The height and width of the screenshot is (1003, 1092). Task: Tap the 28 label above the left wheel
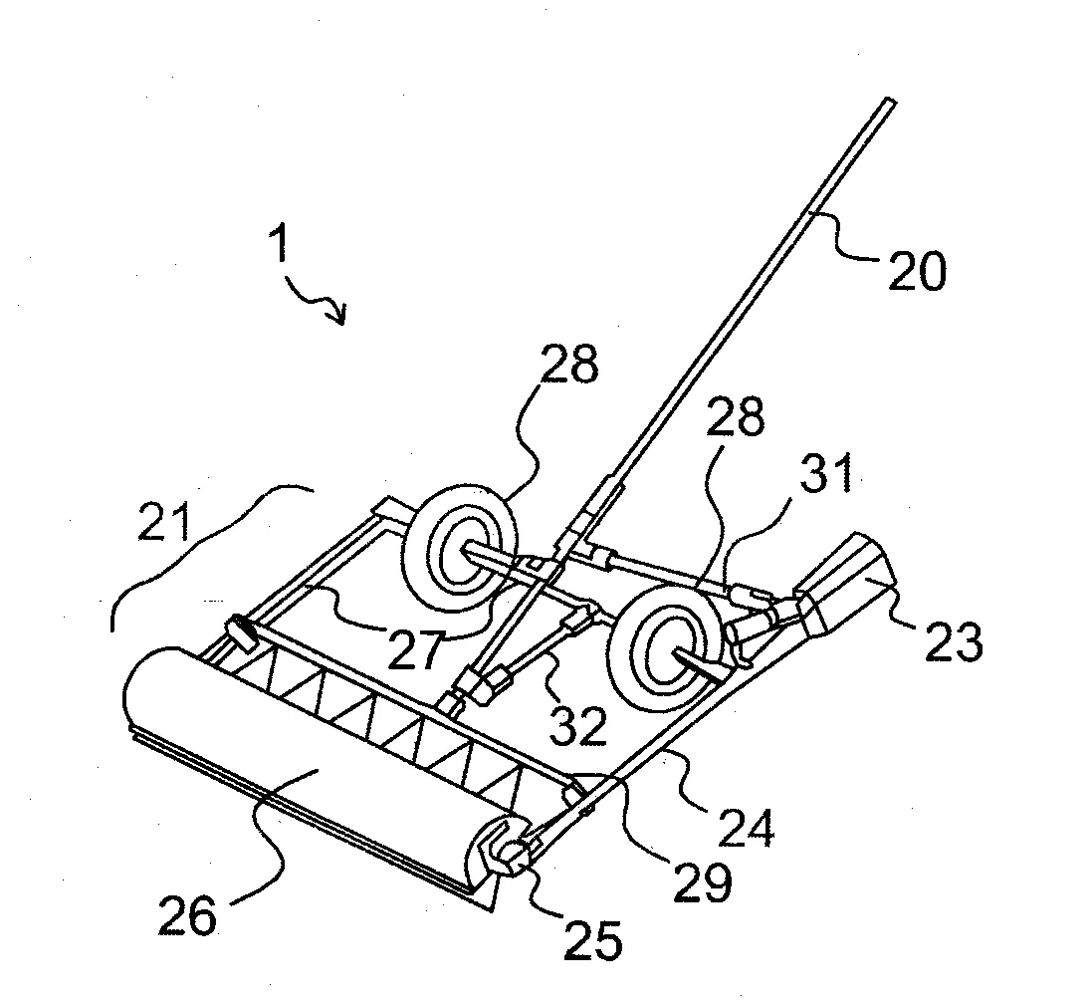coord(570,366)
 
